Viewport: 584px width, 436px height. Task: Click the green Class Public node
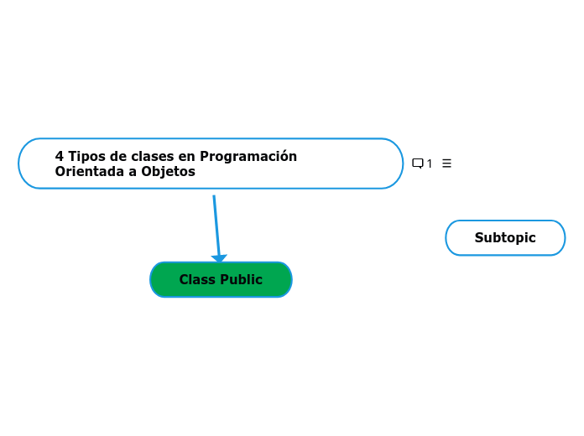221,280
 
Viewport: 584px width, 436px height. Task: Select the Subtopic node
505,238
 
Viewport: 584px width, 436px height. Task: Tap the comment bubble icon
417,163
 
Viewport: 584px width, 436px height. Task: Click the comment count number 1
430,163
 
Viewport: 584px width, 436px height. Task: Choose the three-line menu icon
446,163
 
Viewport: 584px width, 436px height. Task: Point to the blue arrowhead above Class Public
219,258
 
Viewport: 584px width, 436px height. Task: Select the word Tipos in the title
85,157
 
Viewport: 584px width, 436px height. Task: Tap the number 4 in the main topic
60,157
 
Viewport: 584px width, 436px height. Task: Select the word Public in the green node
241,280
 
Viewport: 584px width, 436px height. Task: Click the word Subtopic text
505,238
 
